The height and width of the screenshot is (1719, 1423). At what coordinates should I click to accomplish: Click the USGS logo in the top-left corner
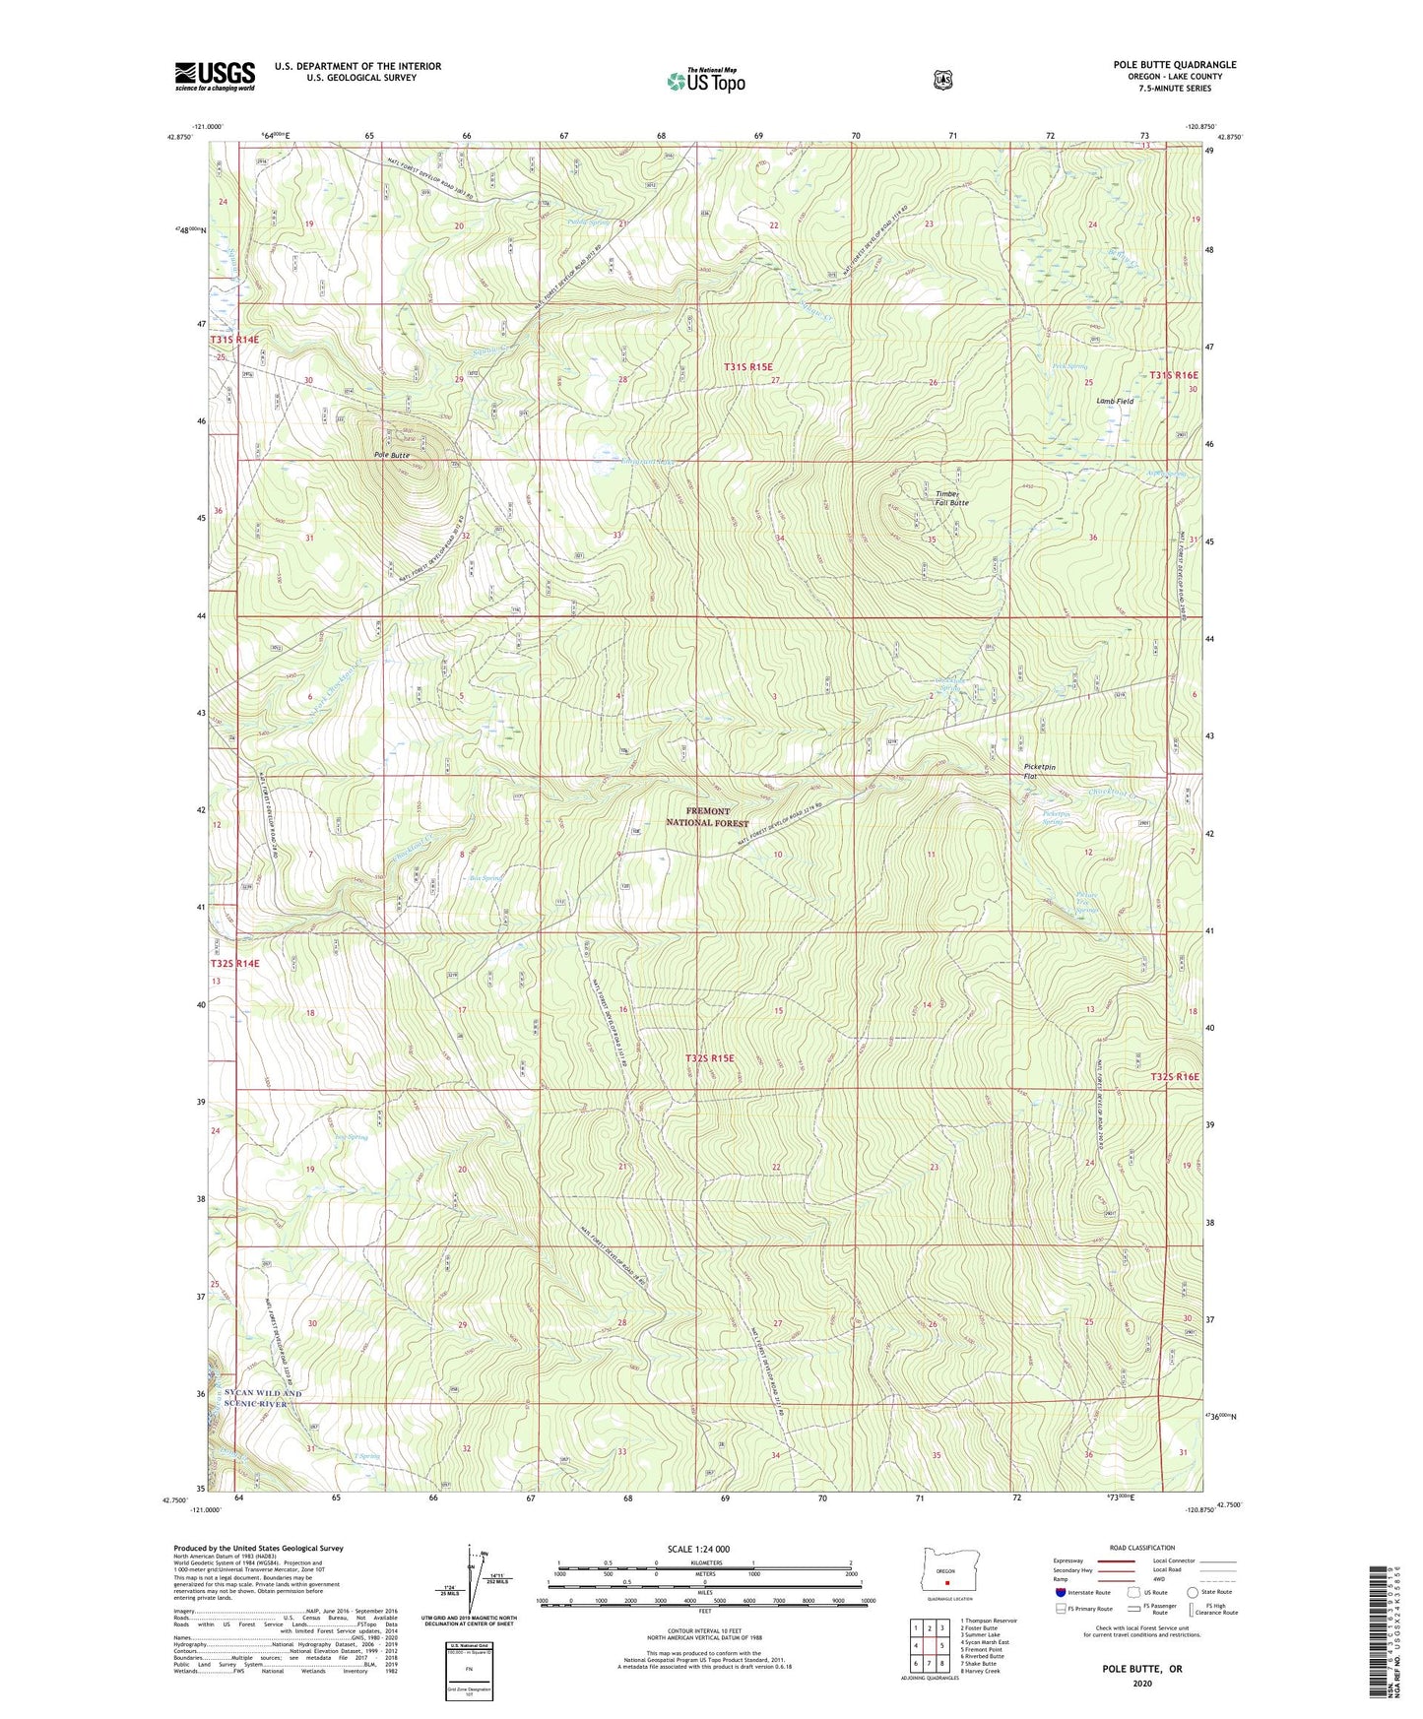click(x=215, y=76)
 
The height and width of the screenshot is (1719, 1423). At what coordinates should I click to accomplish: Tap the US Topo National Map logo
click(x=705, y=81)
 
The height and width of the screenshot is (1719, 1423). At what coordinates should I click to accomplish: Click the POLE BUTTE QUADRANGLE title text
click(x=1174, y=65)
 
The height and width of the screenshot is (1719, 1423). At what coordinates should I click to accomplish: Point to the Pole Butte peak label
click(x=391, y=456)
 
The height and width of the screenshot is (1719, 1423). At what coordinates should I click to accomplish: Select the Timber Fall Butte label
click(x=951, y=498)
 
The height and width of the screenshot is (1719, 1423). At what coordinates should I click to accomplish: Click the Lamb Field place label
click(x=1115, y=402)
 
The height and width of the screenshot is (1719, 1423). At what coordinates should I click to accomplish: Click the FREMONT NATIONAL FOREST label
click(x=707, y=817)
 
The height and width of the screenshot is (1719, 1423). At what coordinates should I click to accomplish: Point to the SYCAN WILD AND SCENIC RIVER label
click(x=264, y=1398)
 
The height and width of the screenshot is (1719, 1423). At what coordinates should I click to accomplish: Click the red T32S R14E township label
click(x=234, y=964)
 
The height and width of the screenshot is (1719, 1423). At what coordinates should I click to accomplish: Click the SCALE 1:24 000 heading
click(x=698, y=1549)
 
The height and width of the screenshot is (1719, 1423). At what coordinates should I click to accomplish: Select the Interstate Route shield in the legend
click(x=1060, y=1592)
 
